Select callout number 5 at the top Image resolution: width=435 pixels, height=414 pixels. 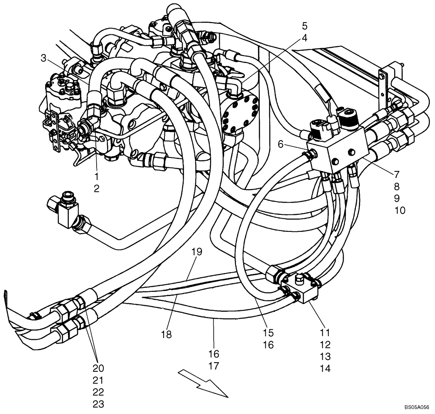(x=304, y=25)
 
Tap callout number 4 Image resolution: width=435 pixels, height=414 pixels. (x=304, y=38)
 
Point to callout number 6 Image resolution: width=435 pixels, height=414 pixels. (x=281, y=144)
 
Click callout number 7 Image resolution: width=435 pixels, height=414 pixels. (x=397, y=175)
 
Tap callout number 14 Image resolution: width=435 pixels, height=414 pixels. (x=325, y=368)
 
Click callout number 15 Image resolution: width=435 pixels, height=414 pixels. (x=268, y=333)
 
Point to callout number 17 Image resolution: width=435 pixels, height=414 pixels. (x=214, y=366)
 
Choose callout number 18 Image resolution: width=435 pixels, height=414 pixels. (x=166, y=334)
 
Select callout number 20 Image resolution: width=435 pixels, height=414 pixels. (x=98, y=368)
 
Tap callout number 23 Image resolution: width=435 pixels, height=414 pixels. (x=98, y=404)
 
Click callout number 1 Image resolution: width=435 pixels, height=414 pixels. (x=96, y=177)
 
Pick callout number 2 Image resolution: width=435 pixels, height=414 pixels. (x=96, y=188)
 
